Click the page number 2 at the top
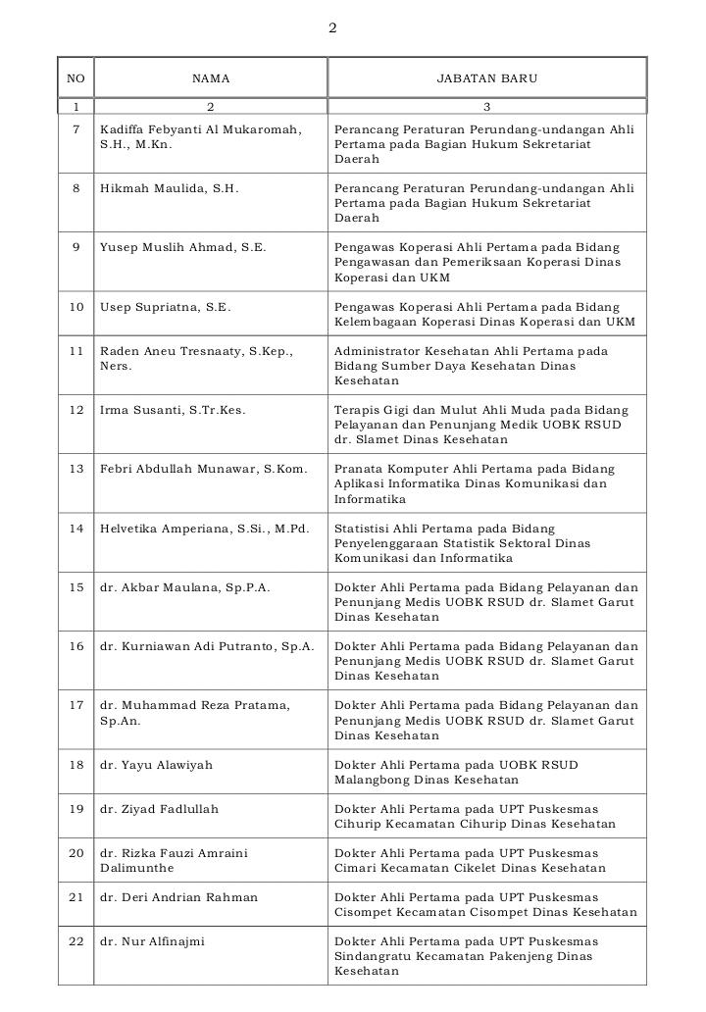click(332, 28)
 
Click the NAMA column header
click(210, 77)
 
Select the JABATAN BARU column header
click(486, 77)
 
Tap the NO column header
click(76, 77)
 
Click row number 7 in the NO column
click(76, 129)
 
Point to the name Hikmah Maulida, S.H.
click(169, 188)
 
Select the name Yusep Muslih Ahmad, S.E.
click(182, 247)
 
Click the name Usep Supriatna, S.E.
click(165, 307)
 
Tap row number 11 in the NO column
click(76, 351)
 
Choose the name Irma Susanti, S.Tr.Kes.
click(173, 410)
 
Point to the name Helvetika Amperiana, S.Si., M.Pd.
click(204, 529)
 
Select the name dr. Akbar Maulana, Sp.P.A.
click(184, 587)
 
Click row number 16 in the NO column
click(76, 646)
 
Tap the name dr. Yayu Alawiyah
click(156, 765)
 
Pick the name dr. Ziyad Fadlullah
click(159, 809)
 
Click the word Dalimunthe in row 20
click(136, 868)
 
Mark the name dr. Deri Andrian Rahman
click(178, 897)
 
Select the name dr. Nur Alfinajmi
click(152, 941)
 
